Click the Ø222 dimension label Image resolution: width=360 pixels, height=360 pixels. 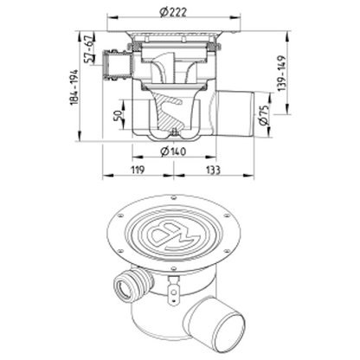click(173, 12)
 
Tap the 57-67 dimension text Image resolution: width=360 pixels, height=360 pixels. click(89, 49)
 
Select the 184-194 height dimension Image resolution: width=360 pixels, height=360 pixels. click(74, 87)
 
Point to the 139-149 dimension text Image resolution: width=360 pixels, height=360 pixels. click(282, 74)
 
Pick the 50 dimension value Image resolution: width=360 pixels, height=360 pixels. click(118, 115)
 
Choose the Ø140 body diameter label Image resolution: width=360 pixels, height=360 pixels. click(173, 151)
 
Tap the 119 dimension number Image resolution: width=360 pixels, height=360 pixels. click(138, 170)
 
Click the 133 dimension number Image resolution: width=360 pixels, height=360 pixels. click(213, 170)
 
